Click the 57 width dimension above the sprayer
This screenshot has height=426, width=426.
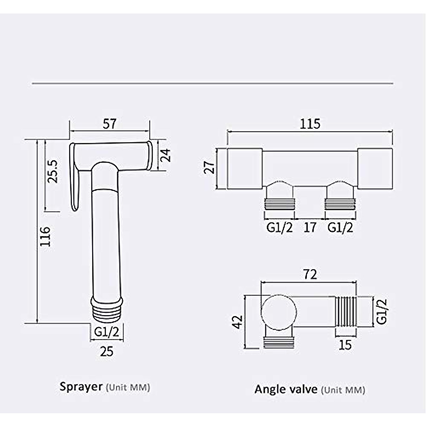tap(110, 124)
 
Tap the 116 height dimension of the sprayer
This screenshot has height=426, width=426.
tap(45, 236)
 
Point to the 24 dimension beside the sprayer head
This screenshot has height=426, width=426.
tap(165, 155)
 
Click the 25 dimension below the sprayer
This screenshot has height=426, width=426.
tap(106, 351)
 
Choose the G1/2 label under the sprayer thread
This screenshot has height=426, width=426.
tap(106, 332)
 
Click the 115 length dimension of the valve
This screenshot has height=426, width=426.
tap(310, 124)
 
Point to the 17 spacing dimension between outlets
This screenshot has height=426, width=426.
tap(310, 227)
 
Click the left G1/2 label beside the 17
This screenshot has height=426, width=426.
tap(280, 227)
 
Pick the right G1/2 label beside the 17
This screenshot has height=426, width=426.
tap(340, 227)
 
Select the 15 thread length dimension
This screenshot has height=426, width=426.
tap(345, 344)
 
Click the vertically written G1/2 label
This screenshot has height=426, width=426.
tap(381, 311)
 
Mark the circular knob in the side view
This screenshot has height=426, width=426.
tap(279, 312)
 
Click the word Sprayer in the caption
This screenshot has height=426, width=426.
tap(81, 386)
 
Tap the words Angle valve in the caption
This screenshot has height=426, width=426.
tap(286, 389)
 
